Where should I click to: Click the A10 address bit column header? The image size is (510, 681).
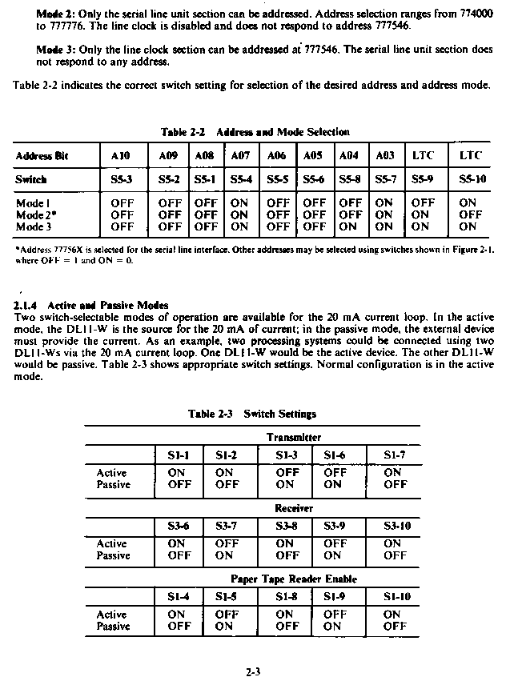(121, 155)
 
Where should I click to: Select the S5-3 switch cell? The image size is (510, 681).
(121, 179)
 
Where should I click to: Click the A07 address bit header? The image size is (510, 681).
(239, 155)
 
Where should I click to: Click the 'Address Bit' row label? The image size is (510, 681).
(42, 155)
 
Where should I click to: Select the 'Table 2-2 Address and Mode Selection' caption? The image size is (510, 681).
(255, 132)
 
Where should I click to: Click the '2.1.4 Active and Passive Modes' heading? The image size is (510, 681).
(91, 305)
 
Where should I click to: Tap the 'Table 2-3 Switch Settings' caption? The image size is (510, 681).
(251, 414)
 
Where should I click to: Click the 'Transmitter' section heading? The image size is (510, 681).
(294, 437)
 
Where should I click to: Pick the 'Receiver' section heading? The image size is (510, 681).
(294, 508)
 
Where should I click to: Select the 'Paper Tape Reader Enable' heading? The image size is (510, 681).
(294, 579)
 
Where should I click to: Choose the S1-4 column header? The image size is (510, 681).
(179, 596)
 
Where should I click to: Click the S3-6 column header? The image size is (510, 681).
(179, 526)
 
